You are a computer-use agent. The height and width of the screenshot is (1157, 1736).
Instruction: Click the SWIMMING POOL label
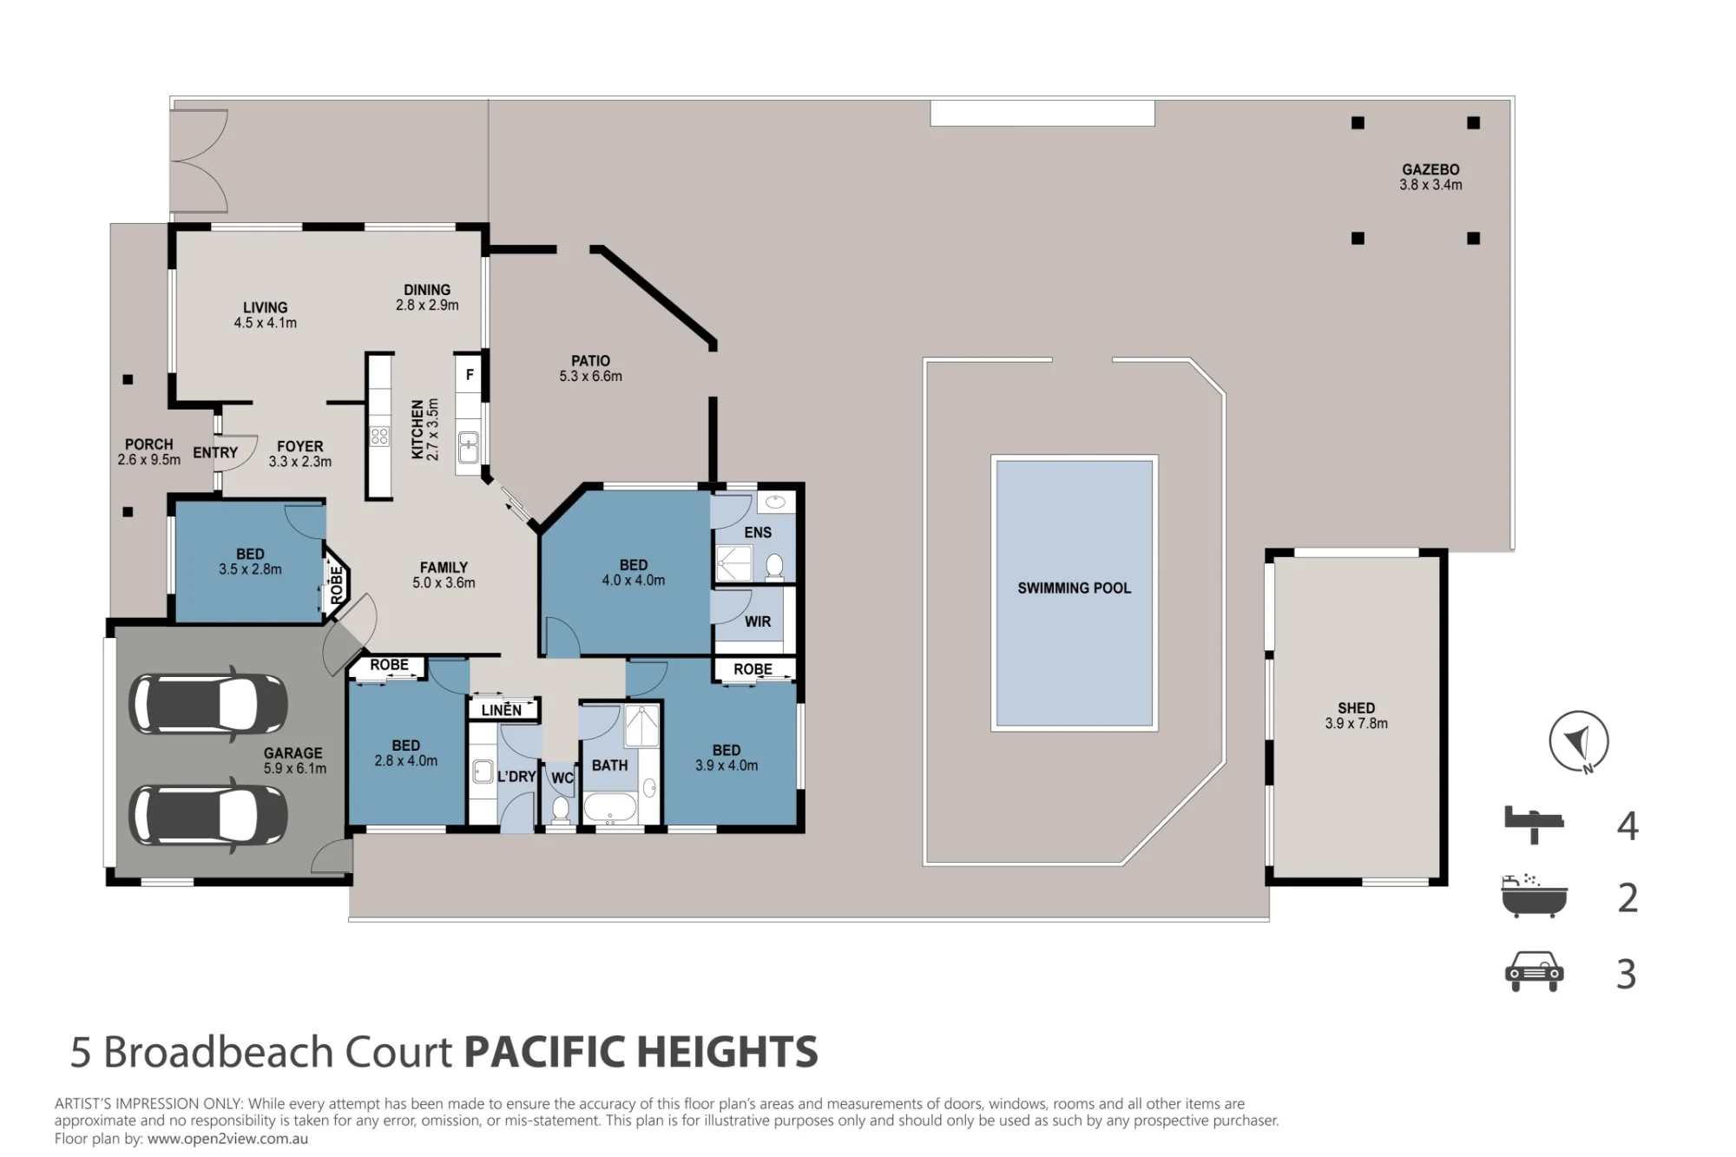tap(1074, 588)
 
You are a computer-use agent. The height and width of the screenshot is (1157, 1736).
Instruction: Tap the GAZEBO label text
tap(1430, 170)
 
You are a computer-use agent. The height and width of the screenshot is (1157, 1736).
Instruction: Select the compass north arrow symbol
tap(1579, 742)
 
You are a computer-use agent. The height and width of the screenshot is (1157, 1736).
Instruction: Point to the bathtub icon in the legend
tap(1534, 896)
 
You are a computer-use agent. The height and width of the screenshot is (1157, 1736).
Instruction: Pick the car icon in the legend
tap(1534, 972)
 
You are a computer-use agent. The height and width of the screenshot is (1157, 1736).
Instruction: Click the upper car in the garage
tap(208, 704)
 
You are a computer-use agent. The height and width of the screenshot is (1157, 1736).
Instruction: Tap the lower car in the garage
tap(208, 815)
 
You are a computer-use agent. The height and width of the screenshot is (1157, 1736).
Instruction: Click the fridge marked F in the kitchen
tap(469, 375)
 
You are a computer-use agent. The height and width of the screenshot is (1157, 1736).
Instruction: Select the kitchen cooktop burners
tap(379, 435)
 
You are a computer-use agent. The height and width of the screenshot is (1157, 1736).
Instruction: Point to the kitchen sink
tap(469, 448)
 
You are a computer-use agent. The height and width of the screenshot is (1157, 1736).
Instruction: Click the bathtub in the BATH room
tap(610, 808)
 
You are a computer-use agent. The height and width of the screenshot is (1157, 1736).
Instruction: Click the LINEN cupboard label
tap(502, 710)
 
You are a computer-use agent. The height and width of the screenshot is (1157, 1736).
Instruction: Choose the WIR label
tap(758, 621)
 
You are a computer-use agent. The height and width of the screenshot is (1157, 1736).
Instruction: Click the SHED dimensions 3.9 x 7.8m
tap(1356, 724)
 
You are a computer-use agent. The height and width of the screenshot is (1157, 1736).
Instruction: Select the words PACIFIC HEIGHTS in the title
tap(641, 1052)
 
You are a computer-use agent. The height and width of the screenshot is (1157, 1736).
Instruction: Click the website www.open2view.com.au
tap(227, 1139)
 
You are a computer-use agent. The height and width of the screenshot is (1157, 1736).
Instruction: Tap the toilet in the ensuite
tap(775, 567)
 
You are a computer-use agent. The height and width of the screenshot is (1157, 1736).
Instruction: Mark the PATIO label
tap(590, 361)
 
